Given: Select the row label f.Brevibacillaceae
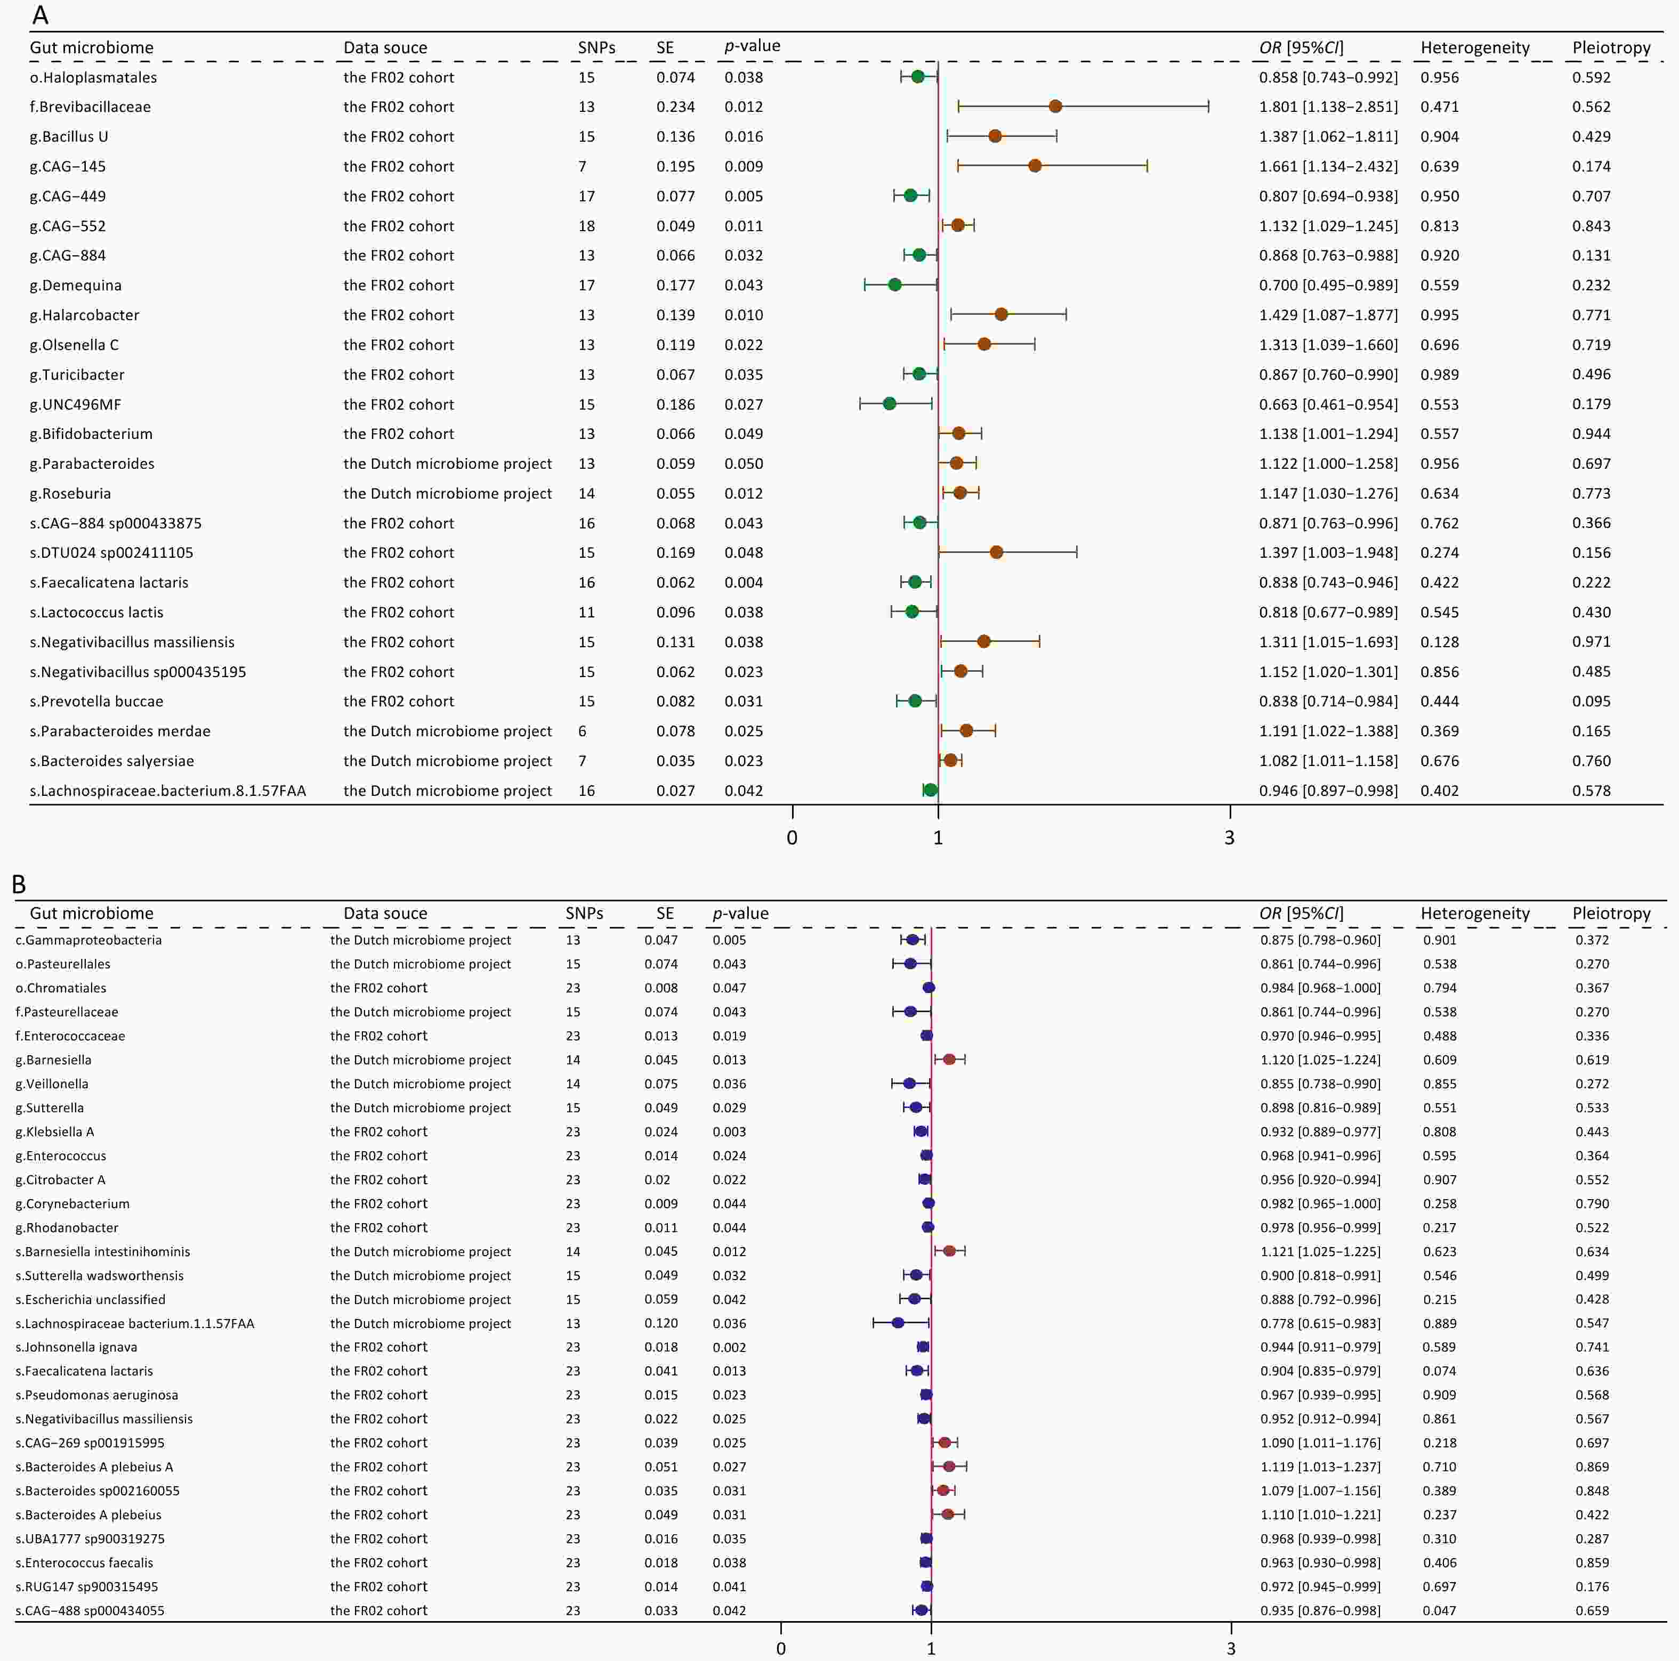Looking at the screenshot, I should click(x=91, y=107).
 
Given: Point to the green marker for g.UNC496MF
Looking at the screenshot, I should click(x=889, y=404).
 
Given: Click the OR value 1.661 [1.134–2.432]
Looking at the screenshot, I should click(x=1328, y=166).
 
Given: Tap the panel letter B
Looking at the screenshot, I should click(x=18, y=884).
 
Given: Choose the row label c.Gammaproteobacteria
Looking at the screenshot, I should click(x=88, y=940).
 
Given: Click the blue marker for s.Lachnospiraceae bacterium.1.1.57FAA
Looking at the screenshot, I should click(x=898, y=1323).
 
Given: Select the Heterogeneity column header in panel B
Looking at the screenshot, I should click(x=1475, y=913).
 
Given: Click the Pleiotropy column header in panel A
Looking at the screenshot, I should click(x=1611, y=48).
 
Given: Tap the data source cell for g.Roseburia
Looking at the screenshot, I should click(x=447, y=493).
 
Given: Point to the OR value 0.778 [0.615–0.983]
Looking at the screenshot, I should click(x=1320, y=1323).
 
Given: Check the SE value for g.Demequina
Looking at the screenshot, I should click(x=675, y=285).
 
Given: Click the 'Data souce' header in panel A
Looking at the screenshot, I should click(x=385, y=48).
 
